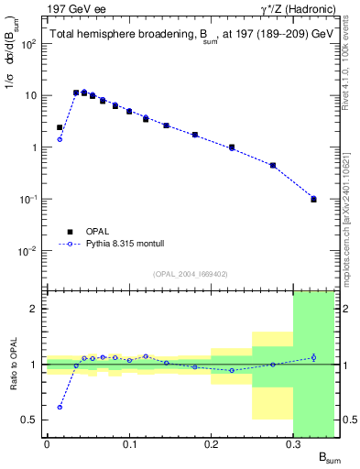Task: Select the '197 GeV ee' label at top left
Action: pos(72,9)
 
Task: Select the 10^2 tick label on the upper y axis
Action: pos(27,44)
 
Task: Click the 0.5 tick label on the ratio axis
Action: pos(31,420)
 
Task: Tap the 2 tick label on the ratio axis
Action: pos(35,309)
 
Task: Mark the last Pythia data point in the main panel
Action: pos(313,198)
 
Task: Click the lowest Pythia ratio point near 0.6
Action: pos(60,408)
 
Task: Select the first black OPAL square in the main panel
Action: pos(60,127)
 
